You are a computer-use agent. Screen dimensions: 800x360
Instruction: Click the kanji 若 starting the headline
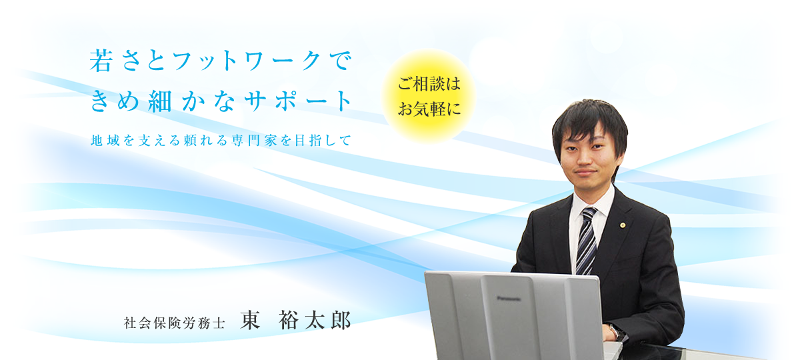tap(101, 61)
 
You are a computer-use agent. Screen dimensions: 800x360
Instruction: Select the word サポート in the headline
tap(299, 101)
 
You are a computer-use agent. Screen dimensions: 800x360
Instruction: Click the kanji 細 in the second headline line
tap(161, 101)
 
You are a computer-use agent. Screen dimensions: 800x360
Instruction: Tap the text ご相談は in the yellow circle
tap(429, 84)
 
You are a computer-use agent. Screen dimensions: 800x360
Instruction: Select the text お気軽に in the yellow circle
tap(429, 109)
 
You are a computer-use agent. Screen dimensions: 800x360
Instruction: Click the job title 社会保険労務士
tap(175, 323)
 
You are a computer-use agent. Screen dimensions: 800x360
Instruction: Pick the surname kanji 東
tap(250, 320)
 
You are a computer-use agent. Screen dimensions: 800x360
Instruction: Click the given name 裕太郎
tap(315, 320)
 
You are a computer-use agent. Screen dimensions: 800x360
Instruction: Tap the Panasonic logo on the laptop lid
tap(509, 298)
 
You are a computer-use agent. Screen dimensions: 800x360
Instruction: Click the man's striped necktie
tap(587, 241)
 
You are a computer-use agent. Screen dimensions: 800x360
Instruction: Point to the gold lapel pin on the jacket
tap(623, 225)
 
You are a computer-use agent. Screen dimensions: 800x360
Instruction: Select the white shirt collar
tap(593, 202)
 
